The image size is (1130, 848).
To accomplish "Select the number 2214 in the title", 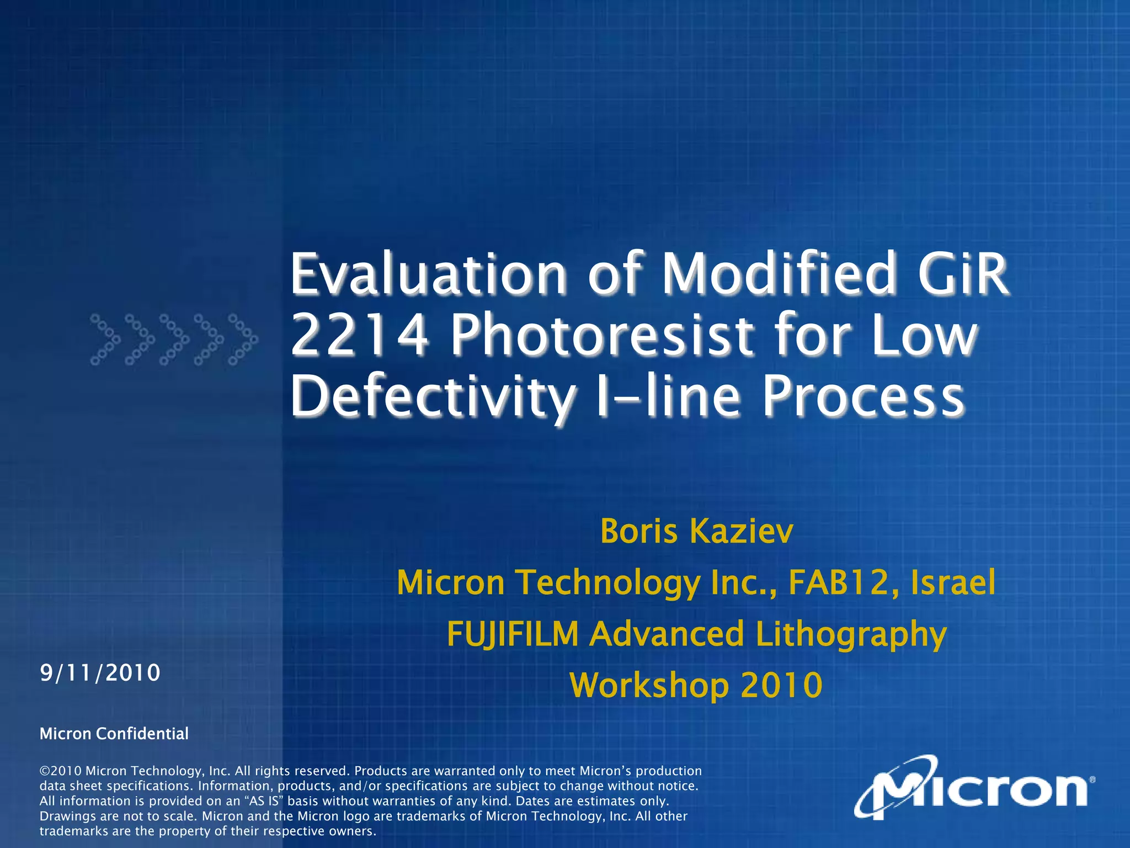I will click(359, 336).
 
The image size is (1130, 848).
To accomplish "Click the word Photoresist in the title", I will click(601, 336).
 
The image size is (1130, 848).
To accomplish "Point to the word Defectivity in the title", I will click(432, 396).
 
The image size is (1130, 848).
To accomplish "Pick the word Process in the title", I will click(864, 396).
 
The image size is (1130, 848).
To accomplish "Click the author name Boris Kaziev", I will click(696, 532).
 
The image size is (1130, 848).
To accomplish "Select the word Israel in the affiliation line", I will click(953, 582).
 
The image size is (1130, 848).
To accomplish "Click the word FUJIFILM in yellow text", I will click(513, 634).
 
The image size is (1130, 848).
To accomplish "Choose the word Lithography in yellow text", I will click(851, 634).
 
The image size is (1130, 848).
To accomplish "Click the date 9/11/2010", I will click(100, 673).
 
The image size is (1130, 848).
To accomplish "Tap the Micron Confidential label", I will click(114, 734).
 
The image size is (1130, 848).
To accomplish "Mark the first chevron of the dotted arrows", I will click(105, 340).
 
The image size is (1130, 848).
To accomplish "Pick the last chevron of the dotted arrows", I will click(243, 340).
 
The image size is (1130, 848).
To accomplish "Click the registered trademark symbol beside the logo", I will click(1092, 780).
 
